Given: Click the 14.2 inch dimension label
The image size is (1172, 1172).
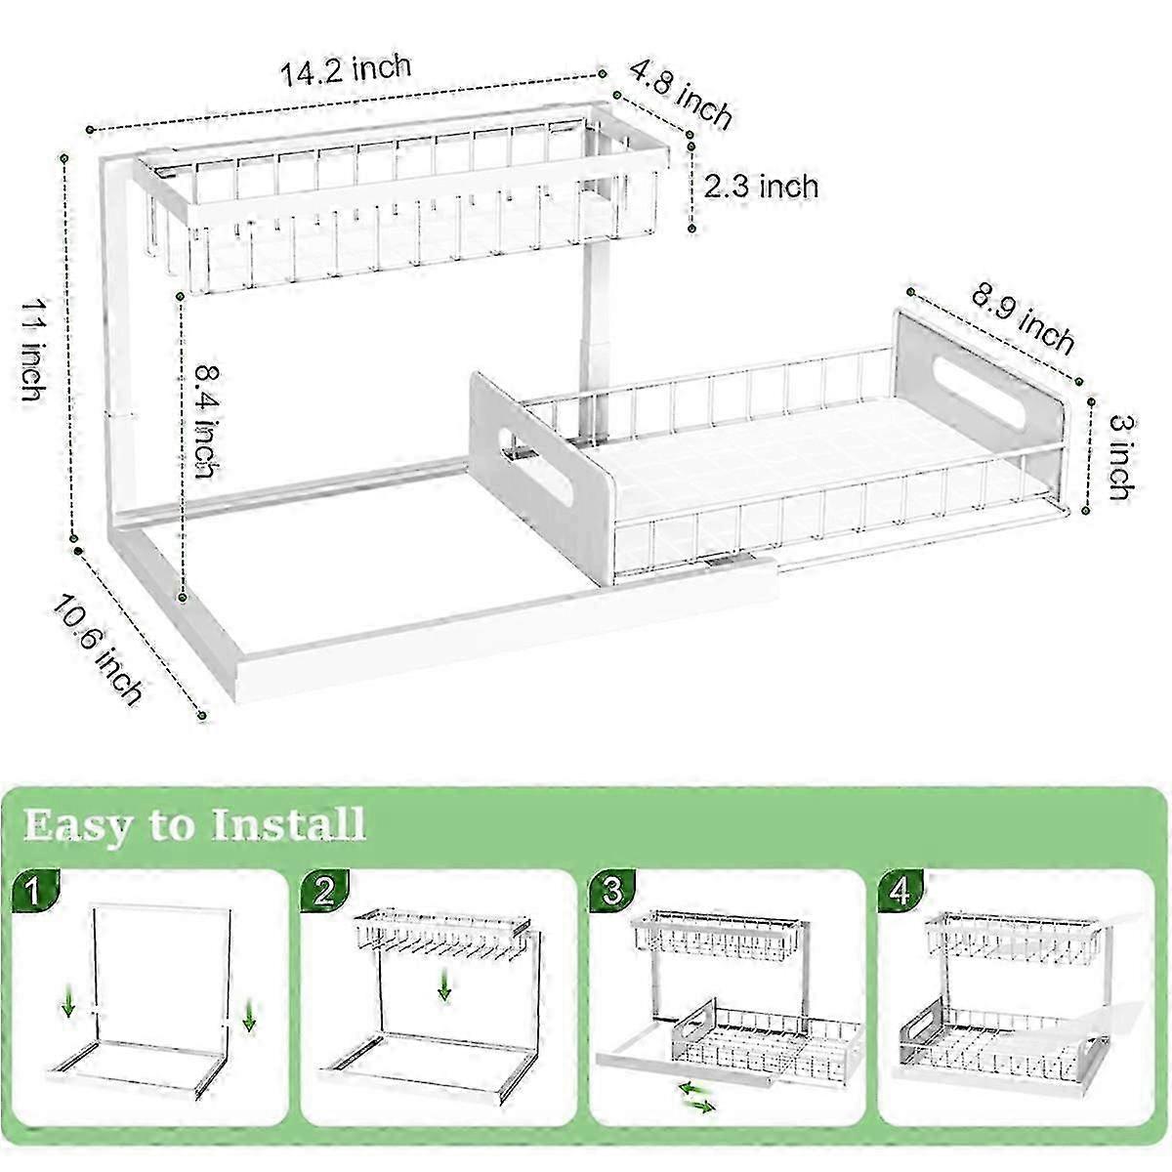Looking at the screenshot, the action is point(346,69).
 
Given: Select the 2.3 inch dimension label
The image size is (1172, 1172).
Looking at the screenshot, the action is point(761,187).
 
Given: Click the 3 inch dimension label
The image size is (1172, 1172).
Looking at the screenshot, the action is point(1121,457).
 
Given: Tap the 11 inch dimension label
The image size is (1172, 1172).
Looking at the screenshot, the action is point(33,351).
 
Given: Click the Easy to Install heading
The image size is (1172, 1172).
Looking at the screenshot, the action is point(194,825).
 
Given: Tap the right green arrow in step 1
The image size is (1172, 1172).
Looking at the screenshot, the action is point(249,1015).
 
